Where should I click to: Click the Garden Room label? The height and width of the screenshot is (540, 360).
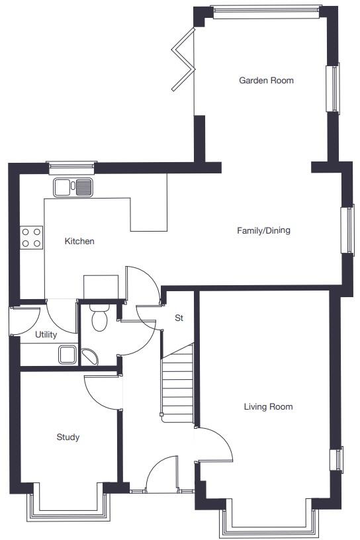point(266,81)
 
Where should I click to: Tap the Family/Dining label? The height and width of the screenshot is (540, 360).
point(263,231)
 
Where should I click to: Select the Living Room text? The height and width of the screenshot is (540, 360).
point(268,407)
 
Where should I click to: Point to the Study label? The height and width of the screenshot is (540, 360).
point(67,437)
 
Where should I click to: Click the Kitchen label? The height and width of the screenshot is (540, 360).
point(79,242)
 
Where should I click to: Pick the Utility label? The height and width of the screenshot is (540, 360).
point(46,335)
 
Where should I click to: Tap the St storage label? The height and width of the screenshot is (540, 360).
point(179,318)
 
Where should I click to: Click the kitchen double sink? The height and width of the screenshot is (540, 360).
point(73,187)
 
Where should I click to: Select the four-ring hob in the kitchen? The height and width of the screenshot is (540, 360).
point(31,237)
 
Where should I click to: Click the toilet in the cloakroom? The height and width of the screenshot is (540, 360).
point(99,318)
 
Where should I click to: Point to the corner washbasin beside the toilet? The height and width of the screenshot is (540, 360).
point(90,357)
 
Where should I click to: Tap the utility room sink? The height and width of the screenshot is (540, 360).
point(68,355)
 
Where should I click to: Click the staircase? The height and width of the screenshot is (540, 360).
point(177,384)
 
